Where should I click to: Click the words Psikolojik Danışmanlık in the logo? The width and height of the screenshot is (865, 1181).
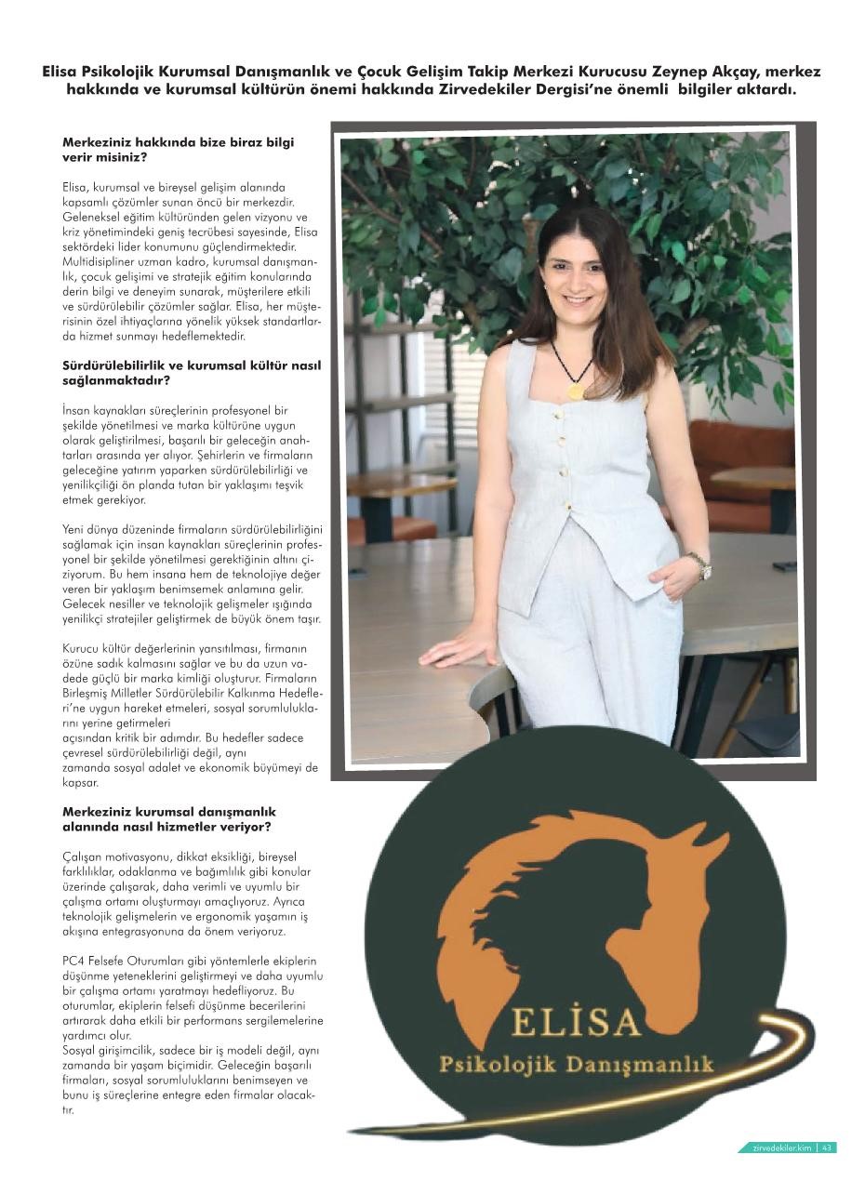pos(576,1063)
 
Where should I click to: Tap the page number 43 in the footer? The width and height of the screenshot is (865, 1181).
pos(828,1148)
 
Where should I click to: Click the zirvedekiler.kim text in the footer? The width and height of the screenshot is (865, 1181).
pos(782,1148)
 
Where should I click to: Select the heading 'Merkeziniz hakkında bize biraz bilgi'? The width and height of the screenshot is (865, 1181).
pos(178,143)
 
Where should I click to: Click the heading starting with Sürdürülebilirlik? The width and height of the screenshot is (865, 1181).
pos(192,365)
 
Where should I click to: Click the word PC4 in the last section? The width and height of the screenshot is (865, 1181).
pos(73,961)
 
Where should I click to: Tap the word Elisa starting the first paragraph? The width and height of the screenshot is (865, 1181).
pos(76,187)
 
